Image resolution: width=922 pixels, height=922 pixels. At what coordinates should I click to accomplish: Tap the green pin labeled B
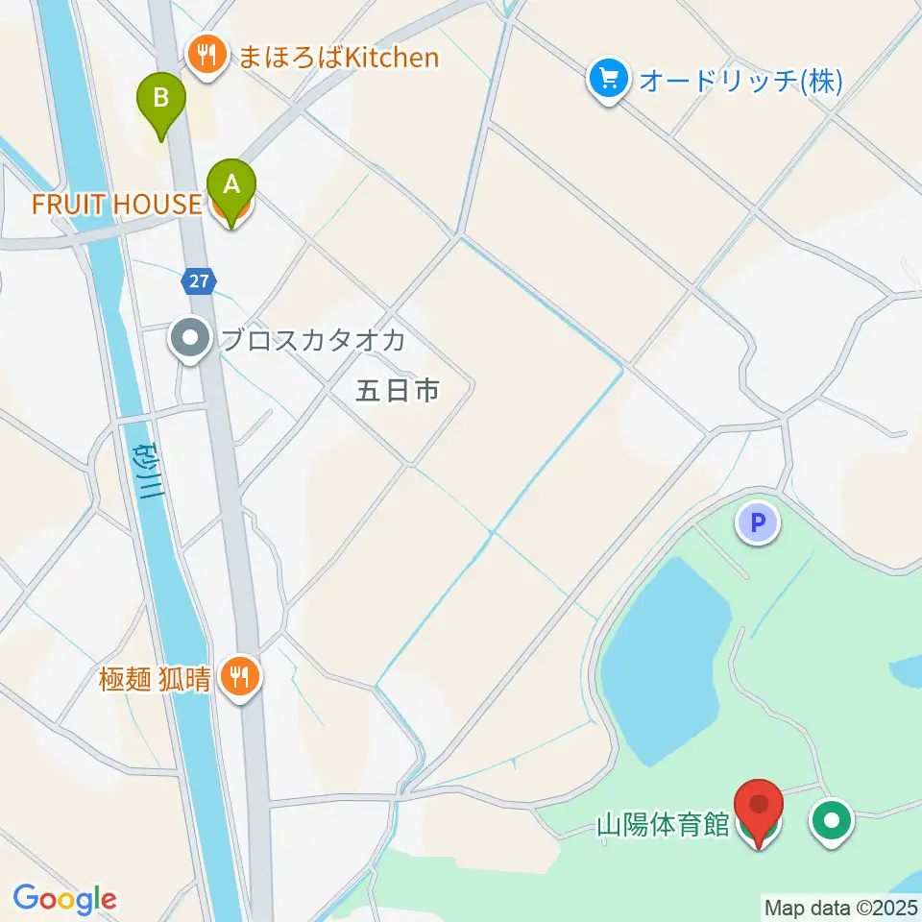point(161,99)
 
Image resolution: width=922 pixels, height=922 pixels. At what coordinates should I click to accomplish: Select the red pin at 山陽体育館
point(759,807)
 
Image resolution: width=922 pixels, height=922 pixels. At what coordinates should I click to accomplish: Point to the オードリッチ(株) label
point(740,81)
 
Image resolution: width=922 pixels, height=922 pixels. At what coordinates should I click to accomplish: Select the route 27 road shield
point(198,281)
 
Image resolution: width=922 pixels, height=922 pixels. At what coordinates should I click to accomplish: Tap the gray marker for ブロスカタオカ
point(191,339)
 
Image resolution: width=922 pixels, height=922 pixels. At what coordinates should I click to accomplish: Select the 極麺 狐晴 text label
point(154,680)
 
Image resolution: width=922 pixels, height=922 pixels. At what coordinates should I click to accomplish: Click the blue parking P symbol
point(758,524)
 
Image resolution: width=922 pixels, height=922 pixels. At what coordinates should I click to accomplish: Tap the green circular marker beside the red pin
point(832,820)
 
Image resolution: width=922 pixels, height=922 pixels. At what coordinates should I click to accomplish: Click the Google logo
point(64,900)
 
